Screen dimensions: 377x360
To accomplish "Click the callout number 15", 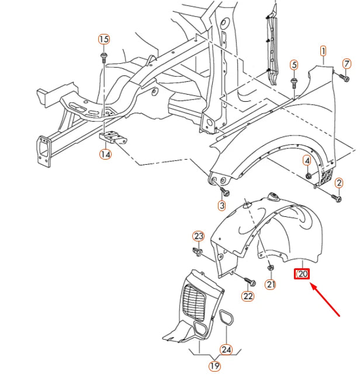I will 103,39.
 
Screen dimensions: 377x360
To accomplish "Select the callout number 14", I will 105,155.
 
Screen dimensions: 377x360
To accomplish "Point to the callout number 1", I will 323,52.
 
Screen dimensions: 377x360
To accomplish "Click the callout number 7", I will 346,63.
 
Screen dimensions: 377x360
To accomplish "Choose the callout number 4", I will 307,160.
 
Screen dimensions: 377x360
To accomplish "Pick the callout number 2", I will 338,184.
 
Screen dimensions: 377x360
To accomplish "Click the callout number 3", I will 222,205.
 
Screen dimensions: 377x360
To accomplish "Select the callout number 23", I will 199,236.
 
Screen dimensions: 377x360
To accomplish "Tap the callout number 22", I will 248,296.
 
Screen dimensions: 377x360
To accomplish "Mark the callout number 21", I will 271,285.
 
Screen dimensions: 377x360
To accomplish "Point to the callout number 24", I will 226,350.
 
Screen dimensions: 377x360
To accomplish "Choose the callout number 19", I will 214,366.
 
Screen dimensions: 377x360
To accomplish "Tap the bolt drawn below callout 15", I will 104,57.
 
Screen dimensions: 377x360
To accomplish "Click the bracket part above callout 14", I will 113,139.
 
